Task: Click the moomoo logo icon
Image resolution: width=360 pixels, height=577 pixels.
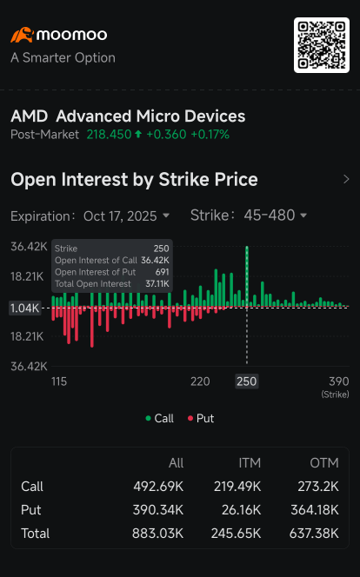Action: click(22, 36)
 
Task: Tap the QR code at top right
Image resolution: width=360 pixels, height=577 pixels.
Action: click(321, 44)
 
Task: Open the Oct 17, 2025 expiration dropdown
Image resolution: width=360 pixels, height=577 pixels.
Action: click(127, 216)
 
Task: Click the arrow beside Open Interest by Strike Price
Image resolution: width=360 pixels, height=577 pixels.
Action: click(346, 180)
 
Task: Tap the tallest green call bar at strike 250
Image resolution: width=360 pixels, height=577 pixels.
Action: click(247, 276)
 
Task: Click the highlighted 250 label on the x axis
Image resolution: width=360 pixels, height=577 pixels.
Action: click(247, 381)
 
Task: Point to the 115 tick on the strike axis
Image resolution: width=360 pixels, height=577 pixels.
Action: click(59, 381)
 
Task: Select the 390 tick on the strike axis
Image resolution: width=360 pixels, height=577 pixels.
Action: click(338, 381)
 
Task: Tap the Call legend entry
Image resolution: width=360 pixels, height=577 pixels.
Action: click(159, 418)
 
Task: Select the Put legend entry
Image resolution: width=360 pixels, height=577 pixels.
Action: click(200, 418)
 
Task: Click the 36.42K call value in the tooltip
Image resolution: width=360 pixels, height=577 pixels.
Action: click(155, 260)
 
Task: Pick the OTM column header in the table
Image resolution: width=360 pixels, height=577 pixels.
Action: click(324, 463)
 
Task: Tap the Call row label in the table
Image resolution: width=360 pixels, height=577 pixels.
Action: click(32, 487)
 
